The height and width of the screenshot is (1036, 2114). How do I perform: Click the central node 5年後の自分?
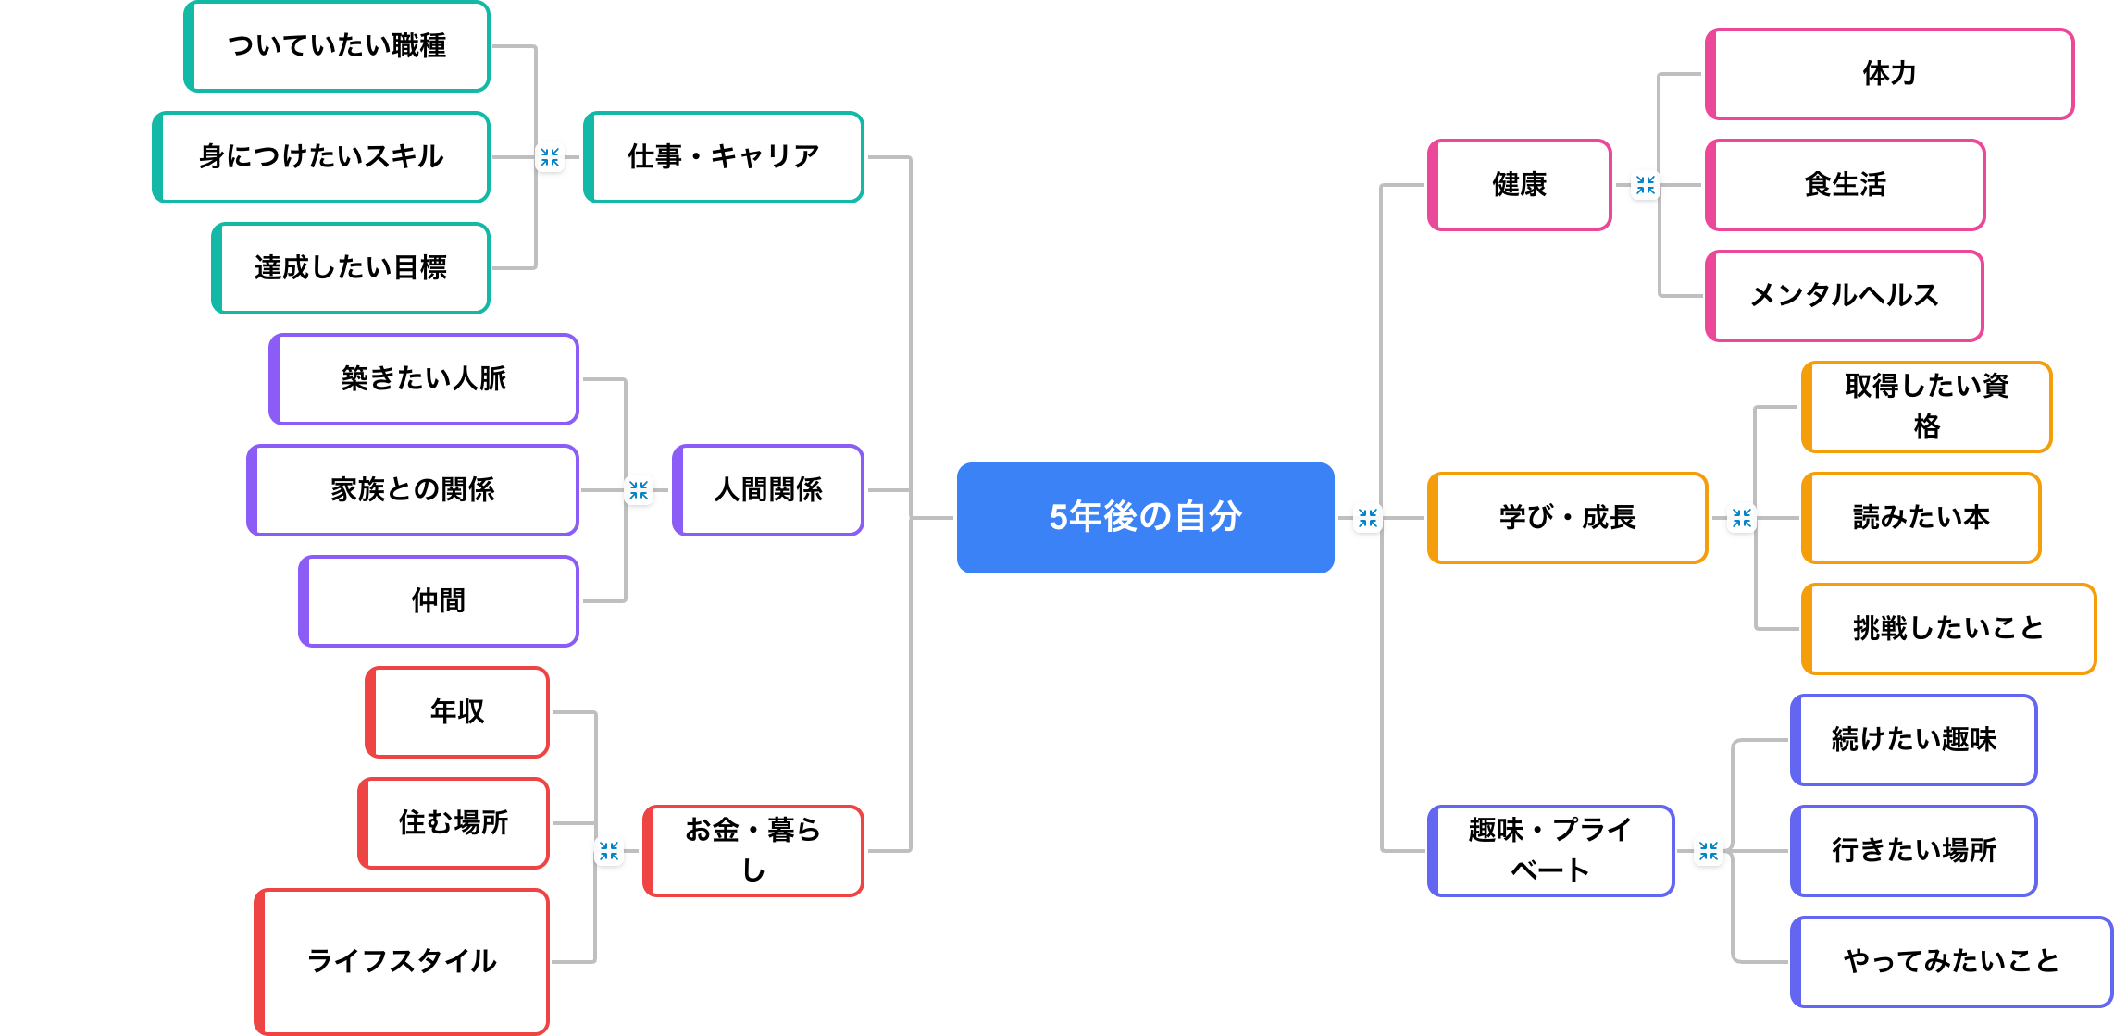(x=1145, y=517)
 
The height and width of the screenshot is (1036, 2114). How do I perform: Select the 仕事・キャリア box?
(x=724, y=157)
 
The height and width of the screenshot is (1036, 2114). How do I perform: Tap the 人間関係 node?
(x=768, y=490)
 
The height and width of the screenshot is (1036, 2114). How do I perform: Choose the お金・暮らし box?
(x=753, y=850)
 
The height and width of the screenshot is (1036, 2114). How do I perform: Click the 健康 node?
(x=1519, y=185)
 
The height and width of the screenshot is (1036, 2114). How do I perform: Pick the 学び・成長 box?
(x=1567, y=518)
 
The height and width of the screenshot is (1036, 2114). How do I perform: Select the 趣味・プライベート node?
(x=1550, y=850)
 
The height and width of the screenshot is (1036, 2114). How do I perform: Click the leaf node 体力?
(x=1889, y=74)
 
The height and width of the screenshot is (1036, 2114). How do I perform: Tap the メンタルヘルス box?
(x=1844, y=296)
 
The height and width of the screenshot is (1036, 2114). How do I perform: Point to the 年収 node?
(x=457, y=712)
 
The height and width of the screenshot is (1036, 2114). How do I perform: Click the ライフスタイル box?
(x=402, y=961)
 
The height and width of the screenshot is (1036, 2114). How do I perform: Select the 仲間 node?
(x=439, y=601)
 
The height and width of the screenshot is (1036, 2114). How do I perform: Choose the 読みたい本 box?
(x=1921, y=518)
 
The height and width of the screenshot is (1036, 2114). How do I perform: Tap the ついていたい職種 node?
(x=337, y=46)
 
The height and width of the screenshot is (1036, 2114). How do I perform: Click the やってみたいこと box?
(x=1951, y=961)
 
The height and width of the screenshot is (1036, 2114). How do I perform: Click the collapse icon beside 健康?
(x=1645, y=185)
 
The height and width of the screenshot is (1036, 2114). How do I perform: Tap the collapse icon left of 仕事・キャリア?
(x=550, y=157)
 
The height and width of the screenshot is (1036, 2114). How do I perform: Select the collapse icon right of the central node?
(x=1368, y=518)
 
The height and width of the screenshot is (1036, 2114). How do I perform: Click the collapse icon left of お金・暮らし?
(x=609, y=851)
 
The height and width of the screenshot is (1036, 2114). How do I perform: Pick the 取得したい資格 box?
(x=1926, y=407)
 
